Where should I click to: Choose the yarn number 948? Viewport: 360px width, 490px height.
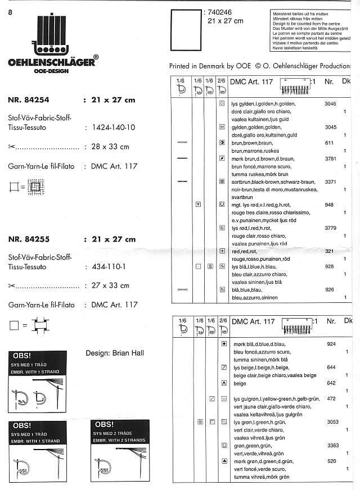tap(329, 205)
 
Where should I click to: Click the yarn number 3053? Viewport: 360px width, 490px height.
tap(331, 421)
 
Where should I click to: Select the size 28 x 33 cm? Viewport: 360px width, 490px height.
tap(110, 147)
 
